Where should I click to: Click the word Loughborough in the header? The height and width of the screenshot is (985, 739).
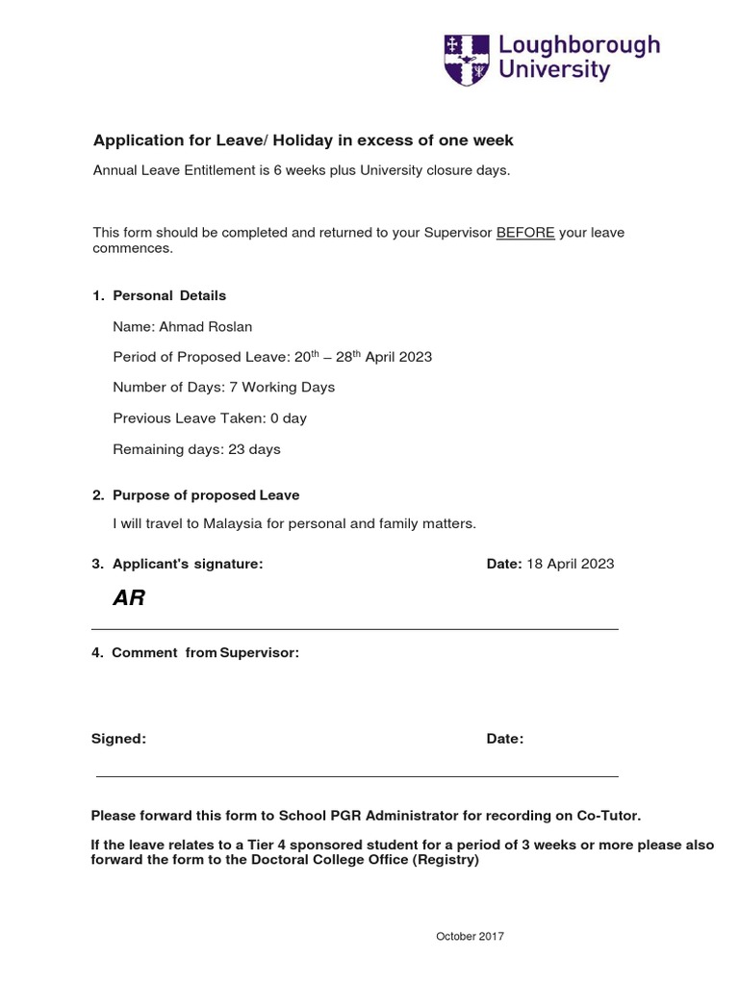coord(578,45)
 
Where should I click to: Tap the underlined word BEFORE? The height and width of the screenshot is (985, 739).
coord(525,233)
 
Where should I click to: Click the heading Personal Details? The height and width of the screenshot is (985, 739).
coord(169,295)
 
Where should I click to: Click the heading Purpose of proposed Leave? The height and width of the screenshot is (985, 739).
coord(206,495)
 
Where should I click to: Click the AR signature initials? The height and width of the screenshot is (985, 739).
coord(129,598)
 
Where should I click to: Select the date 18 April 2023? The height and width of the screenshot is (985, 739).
coord(570,564)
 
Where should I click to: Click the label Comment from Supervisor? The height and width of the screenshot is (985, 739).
coord(205,653)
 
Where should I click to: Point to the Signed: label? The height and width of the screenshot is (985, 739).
coord(118,739)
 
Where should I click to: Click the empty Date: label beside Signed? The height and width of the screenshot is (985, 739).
coord(505,739)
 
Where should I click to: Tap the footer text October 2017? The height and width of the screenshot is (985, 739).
coord(470,936)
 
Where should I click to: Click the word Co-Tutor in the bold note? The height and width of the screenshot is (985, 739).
coord(608,816)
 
